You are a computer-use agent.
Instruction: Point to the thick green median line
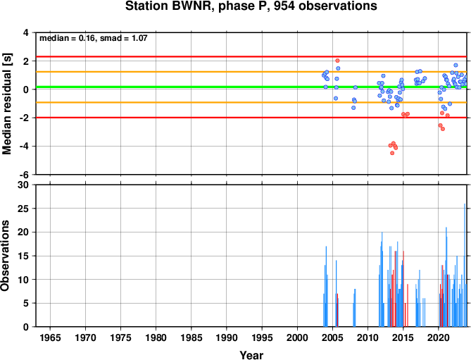tap(251, 87)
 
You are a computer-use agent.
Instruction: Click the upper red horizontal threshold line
tap(251, 56)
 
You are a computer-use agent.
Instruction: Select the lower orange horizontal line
tap(251, 102)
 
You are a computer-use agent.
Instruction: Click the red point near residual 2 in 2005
tap(337, 61)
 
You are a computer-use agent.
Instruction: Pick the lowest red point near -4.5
tap(392, 153)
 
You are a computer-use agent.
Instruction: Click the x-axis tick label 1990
tap(227, 337)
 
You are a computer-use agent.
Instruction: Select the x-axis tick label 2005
tap(332, 337)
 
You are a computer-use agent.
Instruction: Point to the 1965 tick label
tap(50, 337)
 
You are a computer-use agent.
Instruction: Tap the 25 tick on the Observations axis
tap(23, 209)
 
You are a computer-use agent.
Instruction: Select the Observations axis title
tap(5, 256)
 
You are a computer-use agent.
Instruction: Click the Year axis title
tap(251, 355)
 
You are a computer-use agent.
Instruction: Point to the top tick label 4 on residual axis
tap(26, 32)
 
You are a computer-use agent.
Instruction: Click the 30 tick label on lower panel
tap(23, 185)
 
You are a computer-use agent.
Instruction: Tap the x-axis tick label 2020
tap(438, 337)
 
